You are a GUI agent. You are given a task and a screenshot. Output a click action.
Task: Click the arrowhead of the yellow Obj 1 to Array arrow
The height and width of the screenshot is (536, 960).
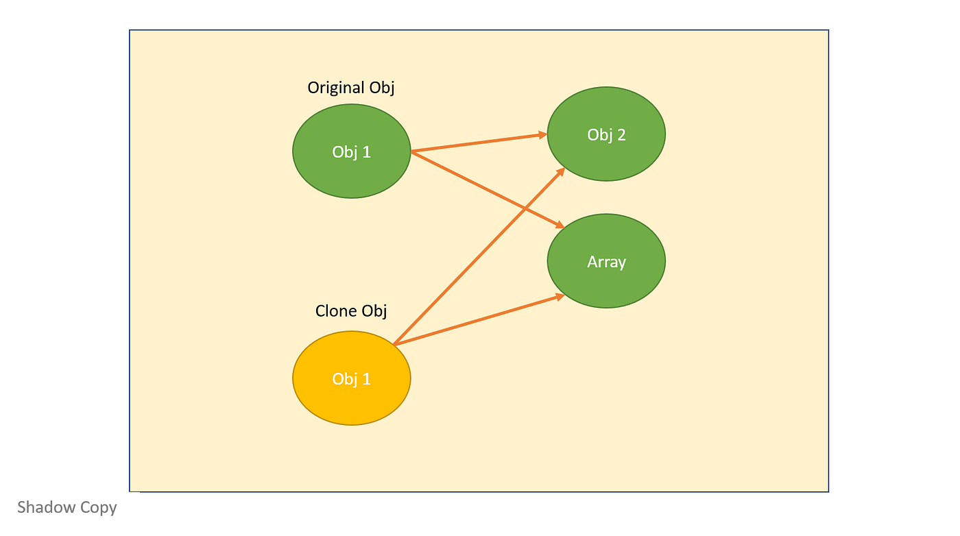click(x=559, y=296)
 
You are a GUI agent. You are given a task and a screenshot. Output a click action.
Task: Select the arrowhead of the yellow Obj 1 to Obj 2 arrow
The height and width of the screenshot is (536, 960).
click(x=560, y=171)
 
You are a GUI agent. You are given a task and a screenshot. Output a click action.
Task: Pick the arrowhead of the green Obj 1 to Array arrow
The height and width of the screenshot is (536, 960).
click(x=559, y=224)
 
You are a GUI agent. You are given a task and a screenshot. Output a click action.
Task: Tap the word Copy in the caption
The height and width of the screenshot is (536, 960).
click(x=99, y=509)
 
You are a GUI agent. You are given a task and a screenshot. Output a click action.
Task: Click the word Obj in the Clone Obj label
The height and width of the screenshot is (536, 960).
click(x=374, y=311)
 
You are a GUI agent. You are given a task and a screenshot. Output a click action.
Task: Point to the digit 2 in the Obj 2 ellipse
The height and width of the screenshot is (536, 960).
click(x=621, y=135)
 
